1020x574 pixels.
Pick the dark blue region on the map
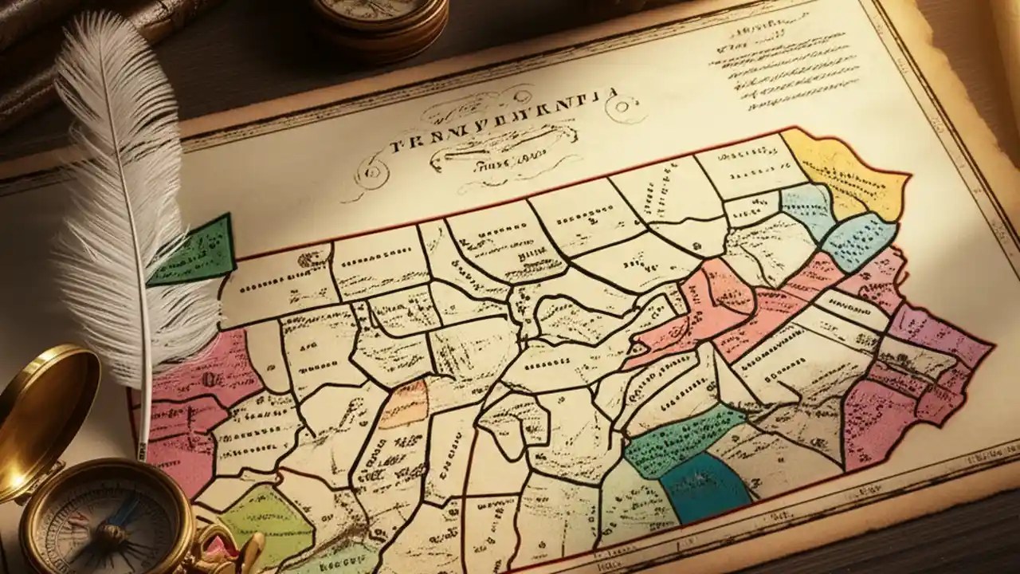[705, 486]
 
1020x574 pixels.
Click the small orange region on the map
[404, 403]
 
